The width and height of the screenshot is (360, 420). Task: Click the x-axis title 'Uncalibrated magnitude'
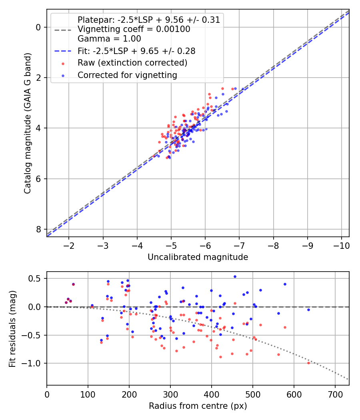tap(198, 257)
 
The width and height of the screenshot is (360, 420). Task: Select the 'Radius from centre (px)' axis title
tap(198, 406)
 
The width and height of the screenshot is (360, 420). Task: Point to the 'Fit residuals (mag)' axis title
tap(12, 328)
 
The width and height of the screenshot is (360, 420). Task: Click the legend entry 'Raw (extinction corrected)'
tap(132, 63)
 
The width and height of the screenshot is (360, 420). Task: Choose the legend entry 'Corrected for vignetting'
tap(127, 75)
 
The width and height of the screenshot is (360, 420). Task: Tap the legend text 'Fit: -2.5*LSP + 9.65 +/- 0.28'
tap(136, 51)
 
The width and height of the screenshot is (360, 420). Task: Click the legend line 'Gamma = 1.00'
tap(109, 39)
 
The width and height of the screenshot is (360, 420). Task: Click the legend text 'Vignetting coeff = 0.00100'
tap(134, 29)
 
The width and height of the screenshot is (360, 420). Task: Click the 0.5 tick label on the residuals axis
tap(36, 278)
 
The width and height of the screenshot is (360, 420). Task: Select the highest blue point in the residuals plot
tap(235, 276)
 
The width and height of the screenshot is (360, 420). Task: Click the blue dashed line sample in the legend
tap(63, 51)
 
